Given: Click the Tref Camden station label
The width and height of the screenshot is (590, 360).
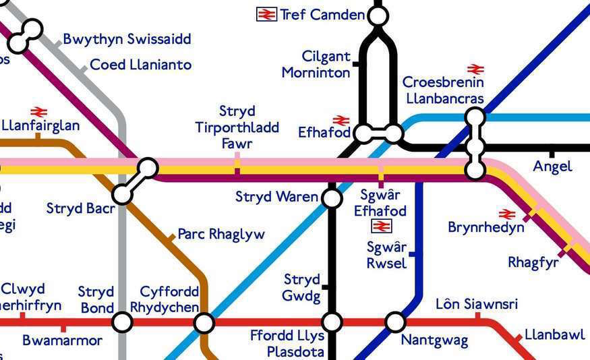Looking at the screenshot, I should click(322, 14).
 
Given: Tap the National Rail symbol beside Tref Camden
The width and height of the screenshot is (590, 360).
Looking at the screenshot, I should click(267, 14).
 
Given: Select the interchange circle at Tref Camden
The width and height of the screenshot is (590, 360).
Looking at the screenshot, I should click(378, 16).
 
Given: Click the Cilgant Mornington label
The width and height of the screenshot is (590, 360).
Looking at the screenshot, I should click(316, 65).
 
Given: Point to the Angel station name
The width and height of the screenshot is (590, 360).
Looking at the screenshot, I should click(552, 167).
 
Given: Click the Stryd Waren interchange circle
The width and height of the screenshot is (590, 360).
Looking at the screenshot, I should click(332, 198).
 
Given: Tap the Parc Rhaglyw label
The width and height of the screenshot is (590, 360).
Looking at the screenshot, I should click(221, 235).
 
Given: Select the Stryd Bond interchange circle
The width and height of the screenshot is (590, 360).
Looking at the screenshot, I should click(122, 322).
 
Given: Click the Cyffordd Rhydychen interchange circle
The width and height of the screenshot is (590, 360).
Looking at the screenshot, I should click(204, 323).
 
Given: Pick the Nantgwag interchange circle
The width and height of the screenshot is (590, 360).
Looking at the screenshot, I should click(396, 322).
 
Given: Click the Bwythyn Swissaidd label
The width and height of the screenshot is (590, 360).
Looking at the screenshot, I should click(127, 39).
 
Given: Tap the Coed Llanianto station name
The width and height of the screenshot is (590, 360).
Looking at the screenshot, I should click(140, 65).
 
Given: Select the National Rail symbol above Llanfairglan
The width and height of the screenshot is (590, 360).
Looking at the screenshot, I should click(38, 112).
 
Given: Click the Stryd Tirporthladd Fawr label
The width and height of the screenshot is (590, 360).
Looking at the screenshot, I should click(237, 127).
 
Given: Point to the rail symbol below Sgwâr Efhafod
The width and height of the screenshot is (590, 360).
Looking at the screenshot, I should click(381, 227).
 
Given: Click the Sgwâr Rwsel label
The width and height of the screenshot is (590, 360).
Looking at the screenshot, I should click(386, 255).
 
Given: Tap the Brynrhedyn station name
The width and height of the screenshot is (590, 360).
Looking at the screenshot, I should click(485, 228).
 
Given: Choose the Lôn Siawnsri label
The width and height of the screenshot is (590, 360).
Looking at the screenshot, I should click(477, 304).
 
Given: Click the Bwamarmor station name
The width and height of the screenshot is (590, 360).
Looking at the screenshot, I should click(63, 340).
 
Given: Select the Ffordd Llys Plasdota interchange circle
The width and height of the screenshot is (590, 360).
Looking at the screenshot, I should click(332, 322).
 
